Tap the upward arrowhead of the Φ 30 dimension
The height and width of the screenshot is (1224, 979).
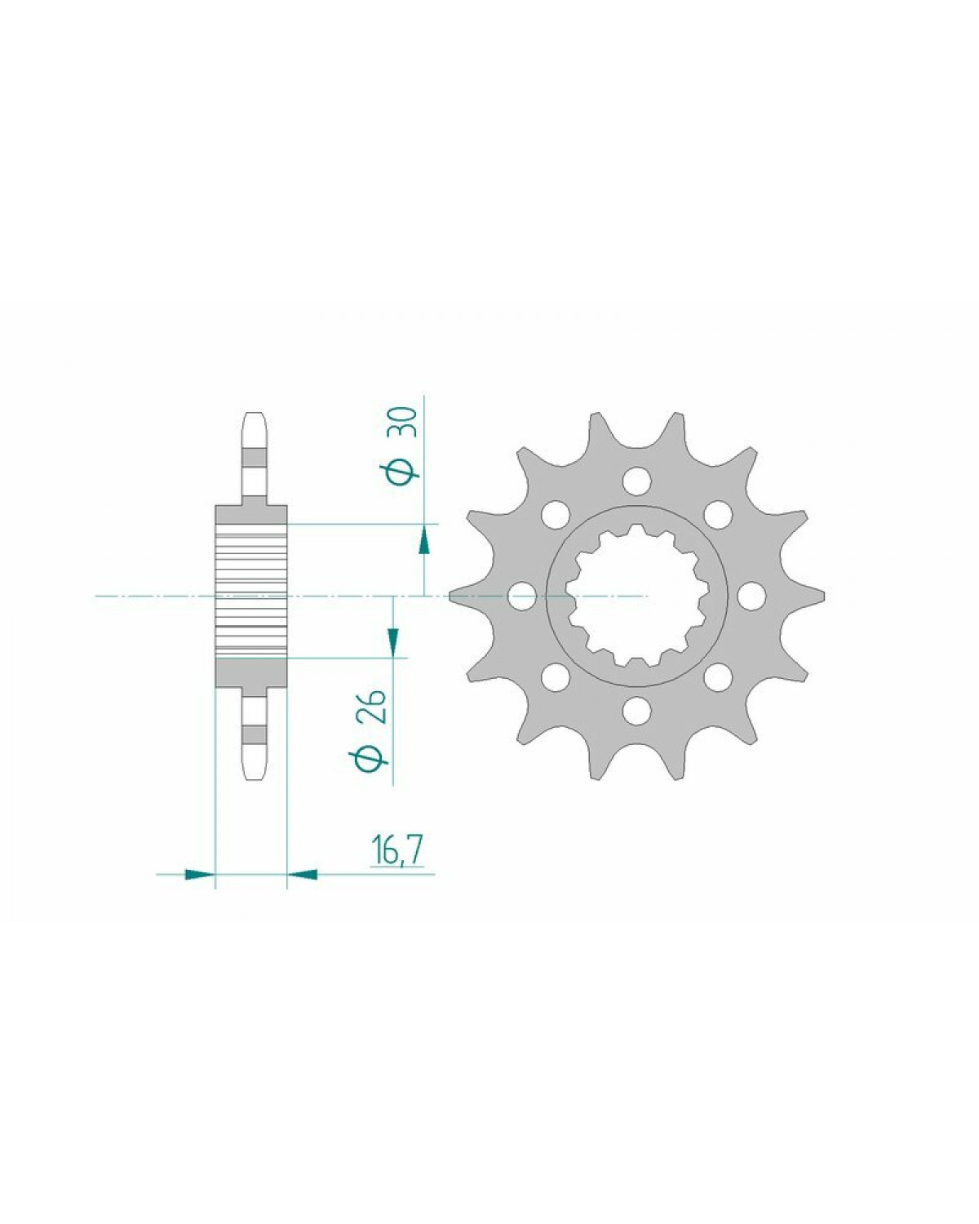[x=423, y=539]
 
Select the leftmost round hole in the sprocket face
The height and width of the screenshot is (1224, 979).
[x=521, y=596]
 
